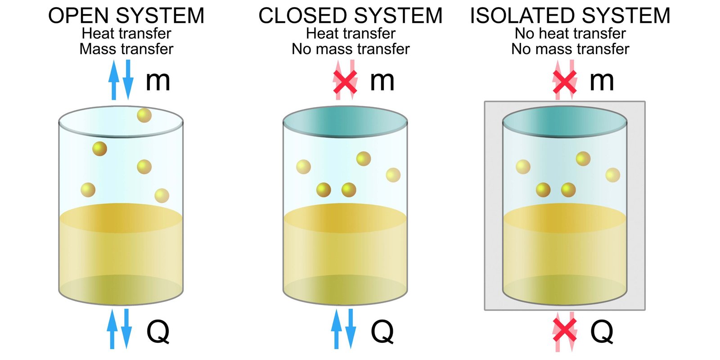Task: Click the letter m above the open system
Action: pyautogui.click(x=157, y=81)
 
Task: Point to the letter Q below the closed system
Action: pyautogui.click(x=382, y=332)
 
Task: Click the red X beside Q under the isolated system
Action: pyautogui.click(x=565, y=331)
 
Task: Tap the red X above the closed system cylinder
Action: pyautogui.click(x=345, y=81)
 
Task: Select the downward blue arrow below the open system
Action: pyautogui.click(x=127, y=329)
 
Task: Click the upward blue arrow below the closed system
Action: pyautogui.click(x=336, y=329)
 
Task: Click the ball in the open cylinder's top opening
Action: pyautogui.click(x=144, y=115)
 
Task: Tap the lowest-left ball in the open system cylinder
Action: pyautogui.click(x=88, y=190)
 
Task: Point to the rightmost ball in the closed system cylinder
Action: pyautogui.click(x=393, y=175)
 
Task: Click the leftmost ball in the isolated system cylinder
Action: pyautogui.click(x=523, y=167)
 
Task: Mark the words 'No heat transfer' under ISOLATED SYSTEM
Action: pyautogui.click(x=570, y=33)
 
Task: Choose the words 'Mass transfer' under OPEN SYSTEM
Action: pyautogui.click(x=126, y=49)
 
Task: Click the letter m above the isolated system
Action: pyautogui.click(x=602, y=81)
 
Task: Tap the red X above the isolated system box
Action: pyautogui.click(x=565, y=81)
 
